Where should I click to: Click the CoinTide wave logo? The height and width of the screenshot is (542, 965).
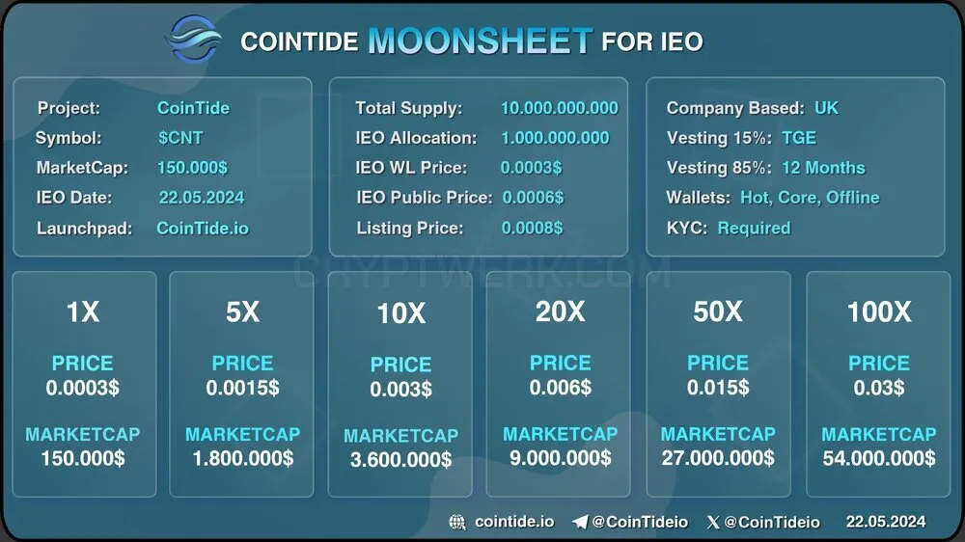(x=193, y=39)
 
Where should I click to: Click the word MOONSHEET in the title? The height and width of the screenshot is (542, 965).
(x=480, y=41)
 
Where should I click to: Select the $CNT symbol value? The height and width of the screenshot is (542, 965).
(x=180, y=138)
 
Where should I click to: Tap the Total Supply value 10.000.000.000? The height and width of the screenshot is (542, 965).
(x=560, y=108)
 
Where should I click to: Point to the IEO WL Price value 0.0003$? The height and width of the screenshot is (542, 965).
(x=531, y=168)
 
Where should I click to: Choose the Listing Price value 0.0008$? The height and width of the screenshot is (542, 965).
(x=532, y=228)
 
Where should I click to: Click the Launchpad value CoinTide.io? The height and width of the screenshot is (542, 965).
(x=203, y=229)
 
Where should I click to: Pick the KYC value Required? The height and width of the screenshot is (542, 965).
(x=754, y=229)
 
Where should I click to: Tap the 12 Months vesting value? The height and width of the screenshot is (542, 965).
(x=823, y=168)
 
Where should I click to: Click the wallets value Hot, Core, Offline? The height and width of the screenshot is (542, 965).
(x=810, y=198)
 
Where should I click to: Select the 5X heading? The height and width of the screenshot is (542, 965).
(x=242, y=312)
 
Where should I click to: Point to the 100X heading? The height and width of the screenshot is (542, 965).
(x=879, y=312)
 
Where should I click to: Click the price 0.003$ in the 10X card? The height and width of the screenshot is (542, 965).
(x=400, y=389)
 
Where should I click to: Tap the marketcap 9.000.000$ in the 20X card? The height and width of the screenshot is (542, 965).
(x=560, y=458)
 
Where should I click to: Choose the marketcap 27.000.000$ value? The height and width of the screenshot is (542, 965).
(x=718, y=458)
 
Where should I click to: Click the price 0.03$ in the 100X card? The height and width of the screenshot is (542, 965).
(x=879, y=388)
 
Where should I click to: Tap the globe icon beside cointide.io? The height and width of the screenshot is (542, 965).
(x=457, y=523)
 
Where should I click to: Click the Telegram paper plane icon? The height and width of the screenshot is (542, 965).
(x=580, y=523)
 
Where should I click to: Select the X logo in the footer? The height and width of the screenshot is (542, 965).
(x=713, y=523)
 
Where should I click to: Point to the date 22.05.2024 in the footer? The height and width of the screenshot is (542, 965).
(x=886, y=522)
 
